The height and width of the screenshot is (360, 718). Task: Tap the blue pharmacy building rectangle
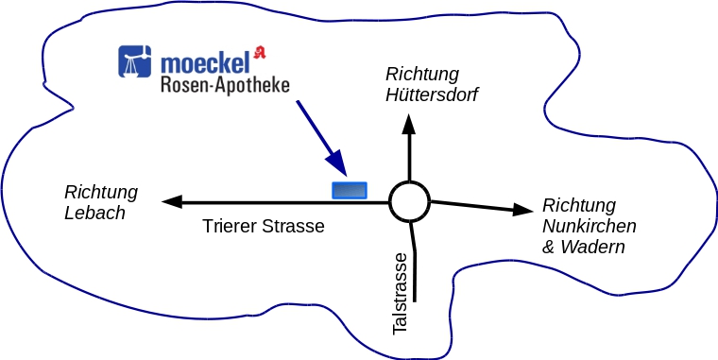click(x=350, y=190)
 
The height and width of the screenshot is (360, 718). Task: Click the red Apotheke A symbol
click(x=260, y=52)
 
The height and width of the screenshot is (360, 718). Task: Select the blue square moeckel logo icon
click(x=134, y=60)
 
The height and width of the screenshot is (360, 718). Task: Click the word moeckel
click(x=206, y=63)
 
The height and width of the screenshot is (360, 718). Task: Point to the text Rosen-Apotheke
click(x=225, y=86)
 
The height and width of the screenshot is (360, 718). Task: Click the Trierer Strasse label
click(x=264, y=226)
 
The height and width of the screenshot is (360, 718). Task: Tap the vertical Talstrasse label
click(x=400, y=294)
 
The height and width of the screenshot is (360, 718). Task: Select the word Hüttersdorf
click(x=432, y=95)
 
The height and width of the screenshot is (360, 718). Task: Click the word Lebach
click(x=94, y=213)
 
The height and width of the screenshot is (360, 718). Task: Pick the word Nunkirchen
click(x=589, y=226)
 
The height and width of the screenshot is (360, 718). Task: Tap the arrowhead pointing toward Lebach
click(x=172, y=201)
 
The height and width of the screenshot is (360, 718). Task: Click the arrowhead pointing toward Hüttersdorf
click(x=409, y=124)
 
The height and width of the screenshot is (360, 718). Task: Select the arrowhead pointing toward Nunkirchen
click(x=523, y=210)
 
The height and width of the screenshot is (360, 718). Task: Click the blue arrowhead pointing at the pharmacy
click(x=337, y=164)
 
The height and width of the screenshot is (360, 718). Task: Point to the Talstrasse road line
click(x=414, y=261)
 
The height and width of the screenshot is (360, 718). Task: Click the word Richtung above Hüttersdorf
click(x=422, y=75)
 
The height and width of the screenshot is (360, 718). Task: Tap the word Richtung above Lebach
click(x=101, y=193)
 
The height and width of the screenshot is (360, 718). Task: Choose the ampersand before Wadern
click(x=549, y=248)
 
